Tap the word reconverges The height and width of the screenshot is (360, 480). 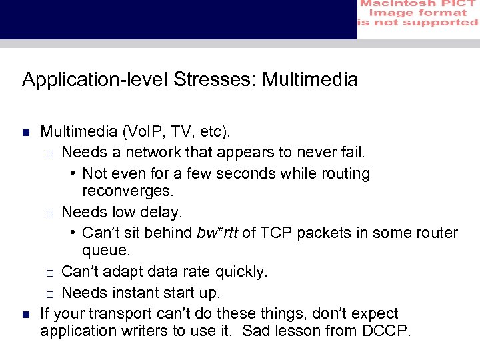pyautogui.click(x=127, y=191)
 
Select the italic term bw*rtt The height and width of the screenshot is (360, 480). pyautogui.click(x=218, y=233)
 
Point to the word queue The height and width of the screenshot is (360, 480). pyautogui.click(x=106, y=251)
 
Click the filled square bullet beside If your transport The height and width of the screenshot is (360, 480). pyautogui.click(x=26, y=314)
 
